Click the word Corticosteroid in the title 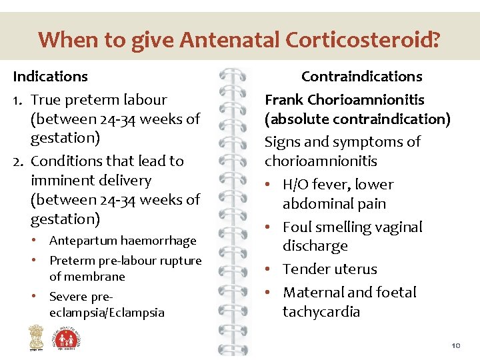coord(362,40)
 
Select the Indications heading coord(50,76)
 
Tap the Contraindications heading coord(361,76)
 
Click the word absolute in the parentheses coord(299,119)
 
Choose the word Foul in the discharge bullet coord(298,227)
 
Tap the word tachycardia coord(321,311)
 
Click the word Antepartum coord(82,241)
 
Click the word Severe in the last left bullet coord(68,296)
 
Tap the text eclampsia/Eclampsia coord(107,313)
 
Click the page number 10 coord(456,346)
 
